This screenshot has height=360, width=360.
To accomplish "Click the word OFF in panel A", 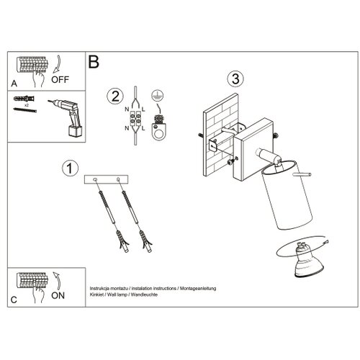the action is [x=60, y=79].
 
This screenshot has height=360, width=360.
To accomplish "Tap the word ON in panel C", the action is [x=58, y=295].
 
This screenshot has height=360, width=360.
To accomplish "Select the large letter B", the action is [x=94, y=62].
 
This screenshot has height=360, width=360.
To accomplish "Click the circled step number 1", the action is [x=70, y=168].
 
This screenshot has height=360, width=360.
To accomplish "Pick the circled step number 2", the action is [x=115, y=96].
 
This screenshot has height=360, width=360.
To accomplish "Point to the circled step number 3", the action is [x=235, y=79].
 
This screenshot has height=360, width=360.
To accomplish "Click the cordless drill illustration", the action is [x=67, y=117].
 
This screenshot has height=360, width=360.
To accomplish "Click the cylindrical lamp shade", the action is [x=287, y=195].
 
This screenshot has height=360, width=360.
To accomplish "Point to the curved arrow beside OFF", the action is [x=57, y=64].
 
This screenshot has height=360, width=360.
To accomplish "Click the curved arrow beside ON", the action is [x=57, y=281].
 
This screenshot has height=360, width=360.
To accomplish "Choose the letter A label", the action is [x=14, y=84].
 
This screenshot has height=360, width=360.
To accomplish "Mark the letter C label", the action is [x=14, y=300].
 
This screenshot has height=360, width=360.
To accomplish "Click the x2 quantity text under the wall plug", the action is [x=27, y=105].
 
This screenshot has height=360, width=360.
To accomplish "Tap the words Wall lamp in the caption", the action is [x=117, y=294].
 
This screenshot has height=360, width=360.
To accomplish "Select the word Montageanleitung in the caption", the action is [x=198, y=289].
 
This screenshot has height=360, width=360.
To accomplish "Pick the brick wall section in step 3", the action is [x=220, y=135].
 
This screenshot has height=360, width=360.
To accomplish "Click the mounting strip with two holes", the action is [x=106, y=179].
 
